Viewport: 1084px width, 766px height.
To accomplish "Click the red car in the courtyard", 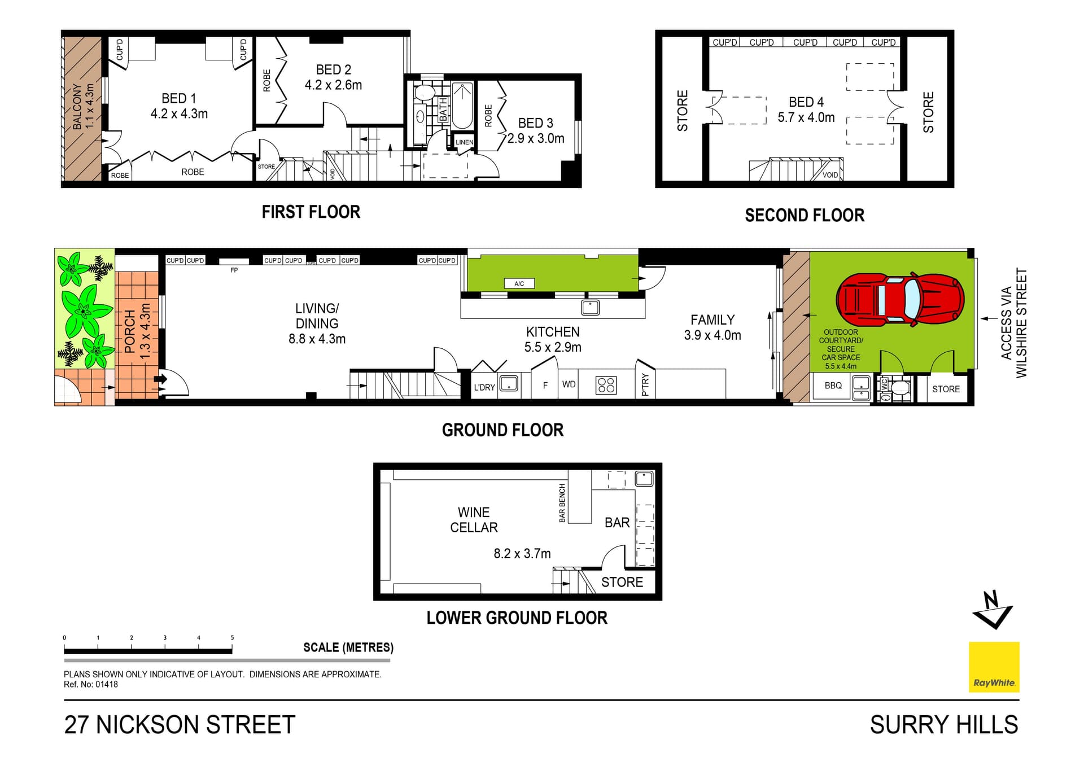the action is [900, 300].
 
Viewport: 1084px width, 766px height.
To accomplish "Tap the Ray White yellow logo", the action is [994, 667].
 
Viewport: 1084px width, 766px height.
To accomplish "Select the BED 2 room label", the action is [333, 69].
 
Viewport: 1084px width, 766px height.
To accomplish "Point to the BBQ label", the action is [833, 386].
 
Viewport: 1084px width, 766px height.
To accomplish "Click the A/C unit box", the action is [519, 283].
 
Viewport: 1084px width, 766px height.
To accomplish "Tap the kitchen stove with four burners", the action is [606, 386].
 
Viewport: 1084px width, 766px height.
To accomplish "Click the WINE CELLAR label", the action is [474, 520].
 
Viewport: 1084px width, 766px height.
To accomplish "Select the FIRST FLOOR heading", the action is [311, 212].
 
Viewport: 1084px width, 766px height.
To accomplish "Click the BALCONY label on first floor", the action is [77, 107].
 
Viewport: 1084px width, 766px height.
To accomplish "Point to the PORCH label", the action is [130, 331].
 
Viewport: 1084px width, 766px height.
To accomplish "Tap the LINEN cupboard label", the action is [464, 142].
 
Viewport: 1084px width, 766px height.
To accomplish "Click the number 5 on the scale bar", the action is [232, 638].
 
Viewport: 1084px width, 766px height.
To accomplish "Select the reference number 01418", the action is [107, 684].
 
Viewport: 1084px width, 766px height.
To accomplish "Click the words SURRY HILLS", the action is [944, 725].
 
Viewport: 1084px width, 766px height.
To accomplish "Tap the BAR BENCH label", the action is [562, 503].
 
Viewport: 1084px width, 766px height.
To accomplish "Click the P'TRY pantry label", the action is [645, 384].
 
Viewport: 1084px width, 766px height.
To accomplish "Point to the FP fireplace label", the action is [234, 270].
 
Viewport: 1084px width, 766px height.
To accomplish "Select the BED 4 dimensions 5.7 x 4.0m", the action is [806, 117].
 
